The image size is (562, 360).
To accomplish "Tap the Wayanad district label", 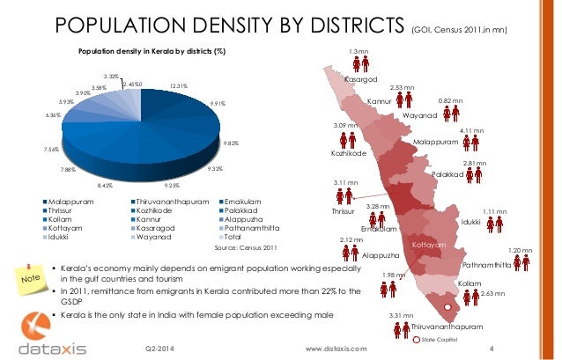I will coord(419,115).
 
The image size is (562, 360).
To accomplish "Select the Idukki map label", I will coord(470,222).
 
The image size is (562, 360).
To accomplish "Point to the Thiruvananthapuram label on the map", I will coord(447,327).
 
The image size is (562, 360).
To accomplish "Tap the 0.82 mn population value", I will coord(450,101).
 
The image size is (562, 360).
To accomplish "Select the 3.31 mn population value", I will coord(401,315).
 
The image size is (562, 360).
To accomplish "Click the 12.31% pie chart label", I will coord(181,85).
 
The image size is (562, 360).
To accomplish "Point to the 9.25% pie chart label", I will coord(172,185).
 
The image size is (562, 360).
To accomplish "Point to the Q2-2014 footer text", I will coord(159,349).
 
